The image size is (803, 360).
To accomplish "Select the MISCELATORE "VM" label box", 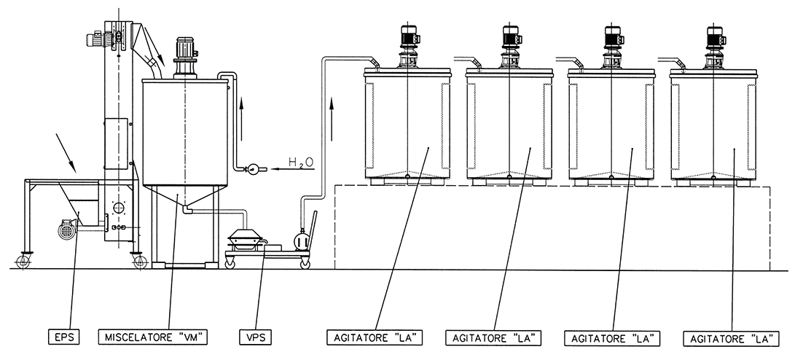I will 152,337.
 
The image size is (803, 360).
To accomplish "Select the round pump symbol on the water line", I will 252,169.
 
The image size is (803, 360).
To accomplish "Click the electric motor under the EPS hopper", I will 68,230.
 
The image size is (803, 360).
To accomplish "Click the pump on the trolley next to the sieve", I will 299,239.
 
